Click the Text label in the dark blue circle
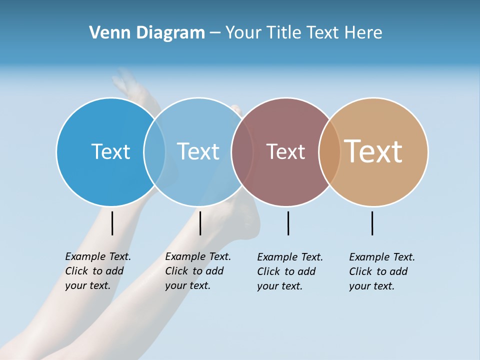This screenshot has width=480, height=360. click(110, 151)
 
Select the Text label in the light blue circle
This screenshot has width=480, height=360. click(198, 151)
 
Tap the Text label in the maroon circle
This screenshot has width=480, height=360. click(285, 152)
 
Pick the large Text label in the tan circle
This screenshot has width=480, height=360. click(373, 151)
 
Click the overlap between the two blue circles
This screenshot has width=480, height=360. click(154, 151)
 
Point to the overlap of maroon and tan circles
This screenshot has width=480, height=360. click(329, 151)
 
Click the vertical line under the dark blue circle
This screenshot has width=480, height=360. click(112, 223)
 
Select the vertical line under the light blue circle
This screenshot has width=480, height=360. click(200, 223)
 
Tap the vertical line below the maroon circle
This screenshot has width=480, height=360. click(288, 223)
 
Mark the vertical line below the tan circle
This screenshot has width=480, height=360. click(372, 223)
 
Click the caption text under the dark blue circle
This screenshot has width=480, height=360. click(97, 271)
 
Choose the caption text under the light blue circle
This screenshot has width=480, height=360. click(197, 271)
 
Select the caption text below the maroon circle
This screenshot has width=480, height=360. click(289, 271)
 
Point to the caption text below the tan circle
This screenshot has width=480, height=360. click(381, 271)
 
